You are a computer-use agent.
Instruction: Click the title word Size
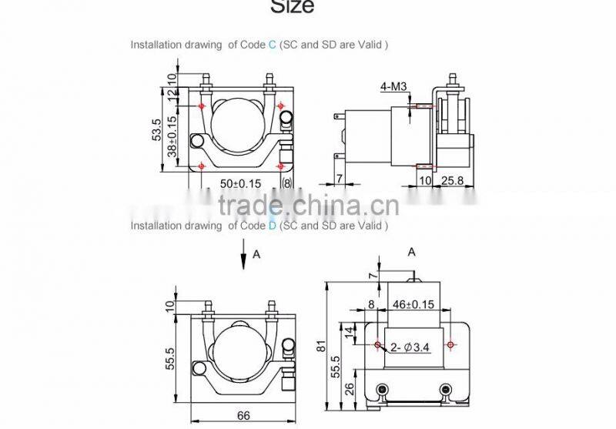292,7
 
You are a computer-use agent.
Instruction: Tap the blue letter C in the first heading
272,45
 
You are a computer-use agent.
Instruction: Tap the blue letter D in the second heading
272,226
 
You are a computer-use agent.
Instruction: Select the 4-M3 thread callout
392,87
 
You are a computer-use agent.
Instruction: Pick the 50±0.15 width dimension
241,183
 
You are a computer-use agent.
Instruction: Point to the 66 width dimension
243,416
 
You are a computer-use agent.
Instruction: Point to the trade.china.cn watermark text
307,206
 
